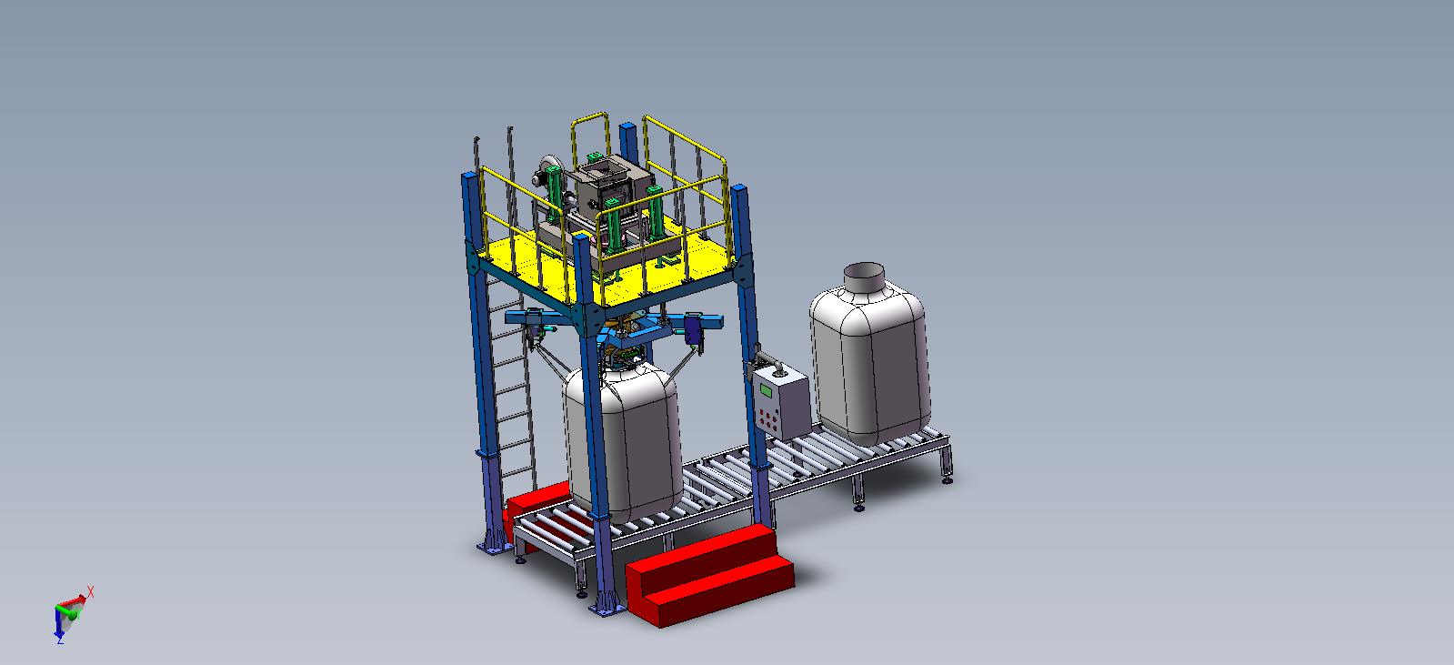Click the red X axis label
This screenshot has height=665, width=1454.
[90, 591]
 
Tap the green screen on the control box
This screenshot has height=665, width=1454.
[767, 391]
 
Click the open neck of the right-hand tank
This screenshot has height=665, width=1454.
[864, 277]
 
